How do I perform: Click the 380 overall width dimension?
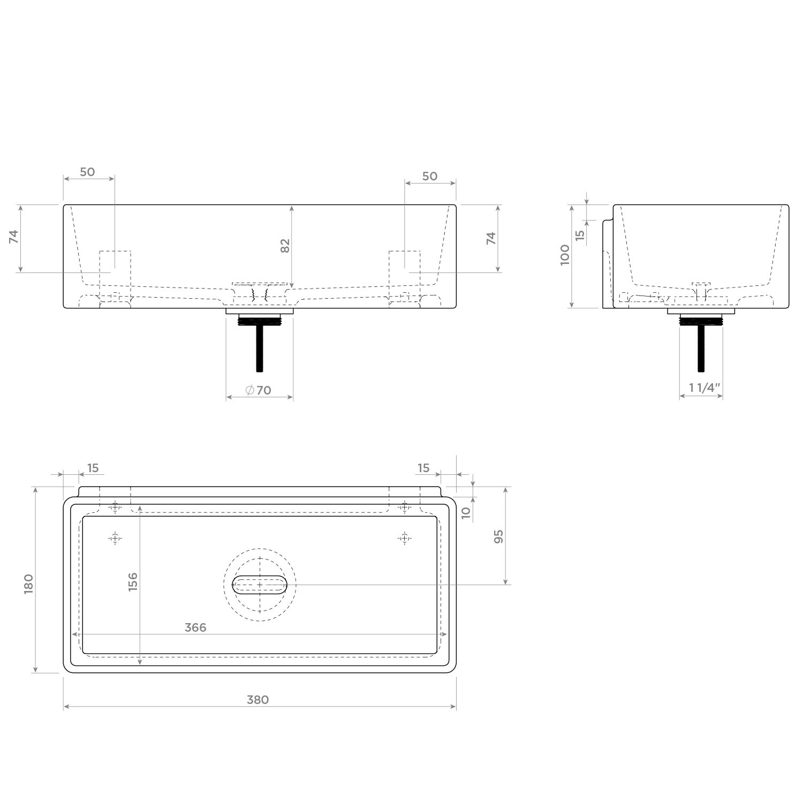tap(257, 700)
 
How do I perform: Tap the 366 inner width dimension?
tap(195, 627)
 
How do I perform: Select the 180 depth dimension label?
tap(29, 584)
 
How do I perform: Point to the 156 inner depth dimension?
tap(133, 582)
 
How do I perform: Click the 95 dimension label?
tap(499, 536)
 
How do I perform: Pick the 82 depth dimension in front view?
tap(285, 245)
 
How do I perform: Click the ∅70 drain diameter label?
tap(258, 390)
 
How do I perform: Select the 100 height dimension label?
tap(565, 255)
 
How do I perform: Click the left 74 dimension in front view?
tap(14, 237)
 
